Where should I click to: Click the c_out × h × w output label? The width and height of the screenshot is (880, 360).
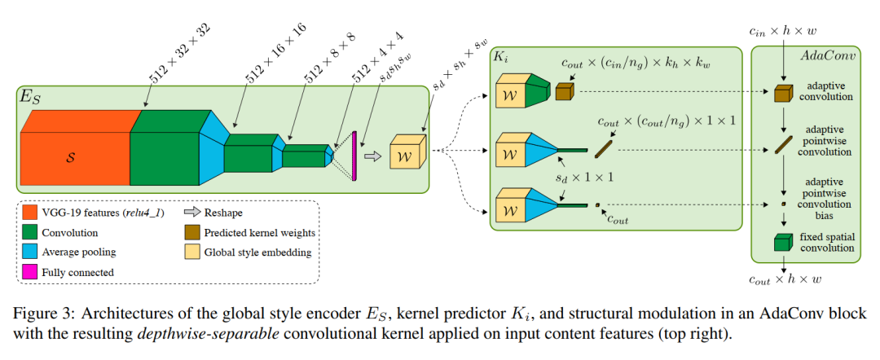[x=784, y=280]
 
